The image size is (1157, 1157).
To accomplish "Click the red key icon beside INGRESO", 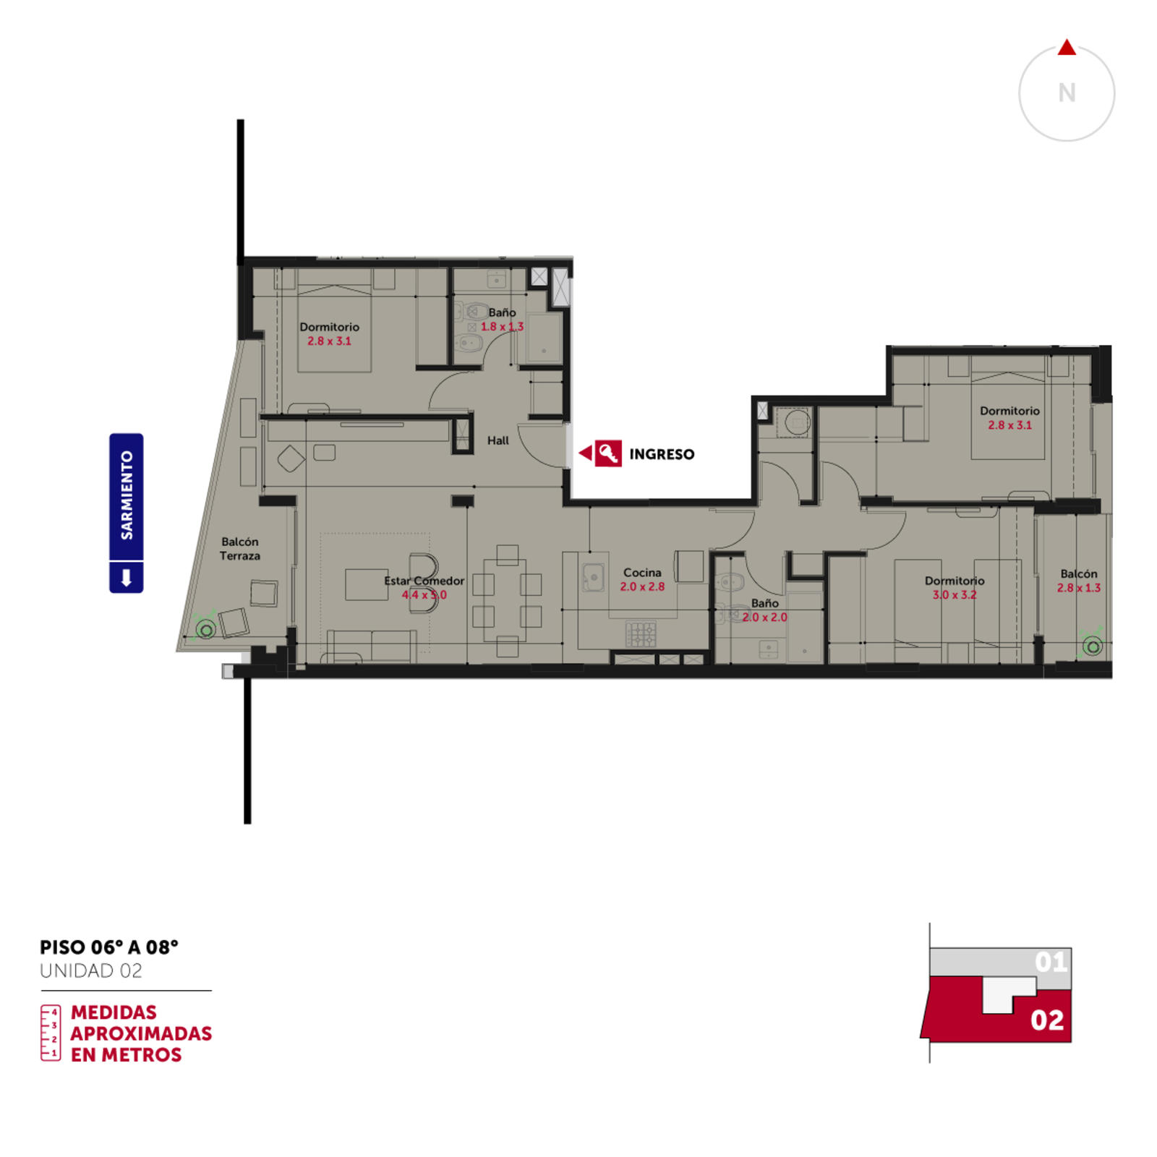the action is tap(608, 453).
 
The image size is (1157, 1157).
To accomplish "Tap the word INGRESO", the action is tap(662, 454).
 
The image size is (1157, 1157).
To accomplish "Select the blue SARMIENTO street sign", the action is tap(127, 513).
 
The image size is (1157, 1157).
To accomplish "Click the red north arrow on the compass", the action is tap(1067, 48).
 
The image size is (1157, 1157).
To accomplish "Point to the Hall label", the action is tap(498, 440).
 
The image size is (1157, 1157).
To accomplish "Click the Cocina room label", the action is tap(642, 573).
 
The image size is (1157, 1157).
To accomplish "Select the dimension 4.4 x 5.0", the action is tap(424, 594).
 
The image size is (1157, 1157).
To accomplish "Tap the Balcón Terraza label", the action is tap(240, 549).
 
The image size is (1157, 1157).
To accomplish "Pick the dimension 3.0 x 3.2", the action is tap(955, 594).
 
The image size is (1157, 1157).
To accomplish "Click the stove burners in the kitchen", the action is tap(641, 634).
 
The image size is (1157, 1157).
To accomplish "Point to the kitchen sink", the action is tap(594, 577).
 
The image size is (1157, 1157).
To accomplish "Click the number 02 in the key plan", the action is tap(1047, 1020).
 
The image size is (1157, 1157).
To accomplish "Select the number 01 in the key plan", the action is tap(1051, 962).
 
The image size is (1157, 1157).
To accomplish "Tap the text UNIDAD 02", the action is tap(91, 970).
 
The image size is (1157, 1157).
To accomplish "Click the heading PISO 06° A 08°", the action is tap(109, 947).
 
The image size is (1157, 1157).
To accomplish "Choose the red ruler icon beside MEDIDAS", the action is tap(51, 1033).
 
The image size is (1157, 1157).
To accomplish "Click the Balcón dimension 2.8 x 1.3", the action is tap(1079, 588).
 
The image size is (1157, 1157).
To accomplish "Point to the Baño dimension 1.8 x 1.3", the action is tap(502, 326).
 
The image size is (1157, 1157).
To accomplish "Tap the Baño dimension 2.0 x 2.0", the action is tap(764, 617).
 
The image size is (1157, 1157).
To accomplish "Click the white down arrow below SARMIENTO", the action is tap(127, 578).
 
